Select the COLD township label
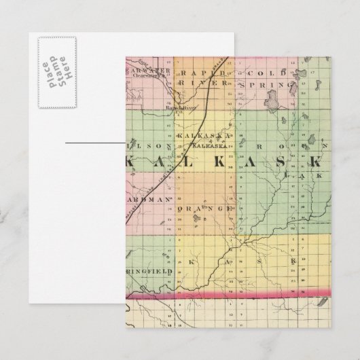(x=260, y=73)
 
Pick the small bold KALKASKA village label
(x=206, y=145)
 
